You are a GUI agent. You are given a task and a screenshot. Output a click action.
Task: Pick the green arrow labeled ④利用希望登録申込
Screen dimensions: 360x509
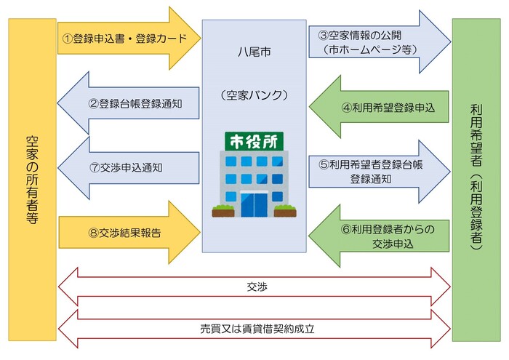378,107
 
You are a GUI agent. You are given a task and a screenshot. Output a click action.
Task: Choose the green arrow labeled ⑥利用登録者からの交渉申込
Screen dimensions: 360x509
378,236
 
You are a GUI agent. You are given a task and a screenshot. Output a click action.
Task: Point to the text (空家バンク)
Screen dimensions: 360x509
254,95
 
